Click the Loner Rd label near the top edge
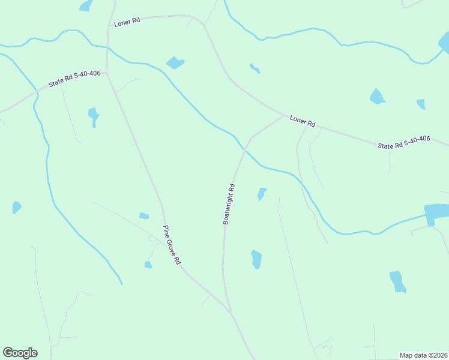(x=128, y=20)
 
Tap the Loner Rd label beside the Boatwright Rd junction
(x=303, y=120)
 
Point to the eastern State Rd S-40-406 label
(x=403, y=142)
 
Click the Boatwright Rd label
(x=229, y=204)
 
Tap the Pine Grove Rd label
(x=172, y=246)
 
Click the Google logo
(x=20, y=353)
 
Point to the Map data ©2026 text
(x=423, y=355)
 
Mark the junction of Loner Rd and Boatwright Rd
(x=283, y=115)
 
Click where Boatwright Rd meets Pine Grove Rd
(x=230, y=311)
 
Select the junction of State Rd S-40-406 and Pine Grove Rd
(x=106, y=73)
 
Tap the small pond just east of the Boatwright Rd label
(x=261, y=194)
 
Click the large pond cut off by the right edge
(x=437, y=212)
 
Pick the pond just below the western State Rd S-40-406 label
(x=93, y=115)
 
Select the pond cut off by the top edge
(x=86, y=5)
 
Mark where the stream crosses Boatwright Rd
(x=244, y=148)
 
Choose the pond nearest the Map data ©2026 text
(x=397, y=281)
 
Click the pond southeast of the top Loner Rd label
(x=175, y=62)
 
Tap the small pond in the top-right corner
(x=444, y=42)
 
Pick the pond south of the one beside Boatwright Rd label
(x=256, y=259)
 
